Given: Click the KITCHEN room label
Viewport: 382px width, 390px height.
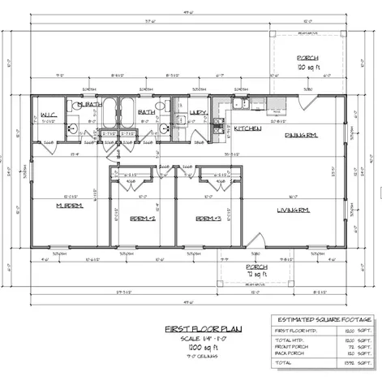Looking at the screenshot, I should (x=248, y=129).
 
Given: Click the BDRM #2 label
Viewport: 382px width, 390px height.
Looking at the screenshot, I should (x=143, y=219).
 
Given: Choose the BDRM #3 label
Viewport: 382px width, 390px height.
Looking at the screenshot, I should (x=208, y=219).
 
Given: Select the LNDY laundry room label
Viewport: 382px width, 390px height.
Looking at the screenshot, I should (x=198, y=112).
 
